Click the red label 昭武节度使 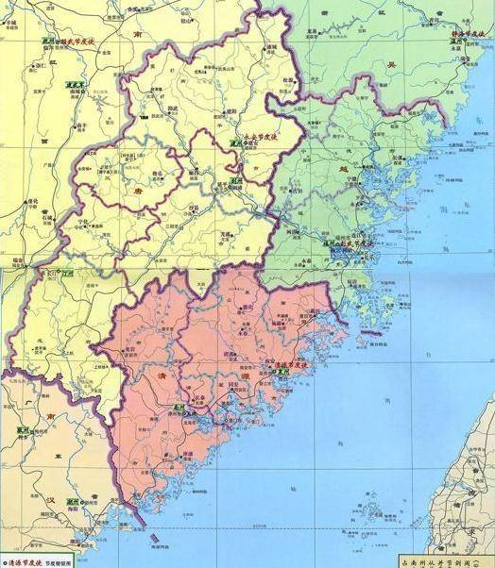pos(88,43)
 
